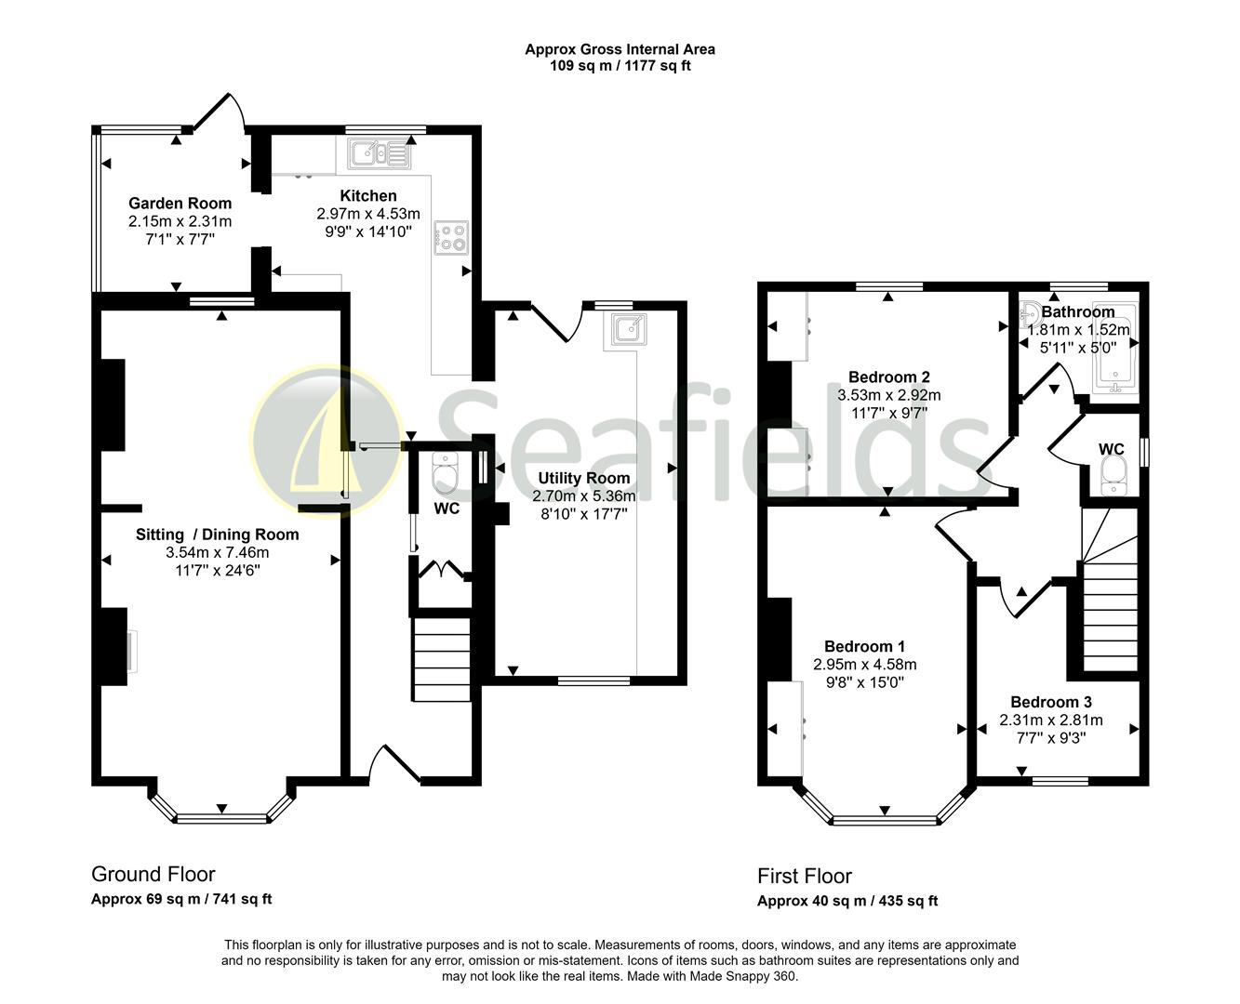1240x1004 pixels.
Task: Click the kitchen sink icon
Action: tap(380, 152)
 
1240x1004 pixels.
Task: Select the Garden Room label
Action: tap(180, 203)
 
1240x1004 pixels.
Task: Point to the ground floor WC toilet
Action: tap(446, 476)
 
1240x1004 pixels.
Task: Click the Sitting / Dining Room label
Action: tap(217, 534)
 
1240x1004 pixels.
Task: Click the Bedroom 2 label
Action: tap(888, 376)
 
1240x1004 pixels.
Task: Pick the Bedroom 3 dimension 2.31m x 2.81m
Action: tap(1051, 720)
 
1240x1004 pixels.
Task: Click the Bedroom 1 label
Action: tap(864, 646)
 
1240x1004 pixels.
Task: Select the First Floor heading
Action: tap(804, 876)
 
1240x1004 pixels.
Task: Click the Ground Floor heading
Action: tap(153, 874)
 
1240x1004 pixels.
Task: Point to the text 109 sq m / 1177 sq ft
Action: tap(620, 66)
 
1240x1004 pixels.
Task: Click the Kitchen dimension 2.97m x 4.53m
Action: tap(367, 213)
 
